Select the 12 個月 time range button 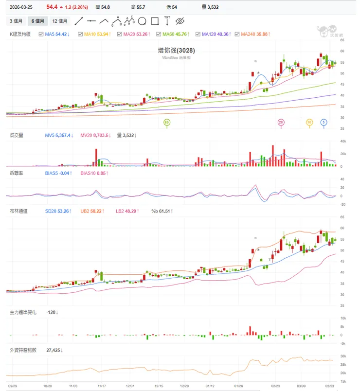tap(60, 21)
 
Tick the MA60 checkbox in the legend tap(158, 34)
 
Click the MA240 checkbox tap(236, 34)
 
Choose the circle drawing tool tap(142, 21)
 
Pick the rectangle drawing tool tap(155, 21)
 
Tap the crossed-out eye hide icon tap(180, 21)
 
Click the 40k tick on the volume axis tap(342, 142)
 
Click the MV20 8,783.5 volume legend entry tap(94, 135)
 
